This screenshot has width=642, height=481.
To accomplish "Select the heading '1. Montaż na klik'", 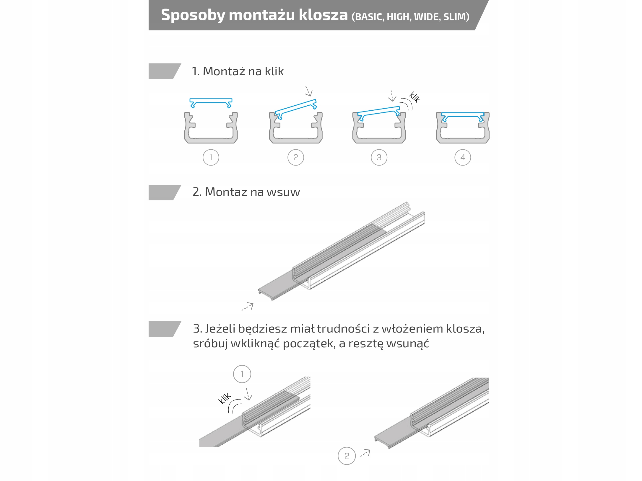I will click(x=238, y=71).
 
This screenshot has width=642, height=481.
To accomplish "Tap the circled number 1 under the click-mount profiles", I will click(x=211, y=158).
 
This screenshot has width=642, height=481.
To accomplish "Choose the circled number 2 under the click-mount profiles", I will click(x=296, y=158).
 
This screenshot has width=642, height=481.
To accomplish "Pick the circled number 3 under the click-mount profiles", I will click(x=379, y=158).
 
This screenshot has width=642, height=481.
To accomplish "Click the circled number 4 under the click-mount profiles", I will click(x=463, y=158).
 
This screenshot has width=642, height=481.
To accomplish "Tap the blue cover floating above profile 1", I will click(x=211, y=101).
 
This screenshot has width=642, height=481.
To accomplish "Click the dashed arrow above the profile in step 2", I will click(x=308, y=91).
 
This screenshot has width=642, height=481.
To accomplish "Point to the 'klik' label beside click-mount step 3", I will click(x=415, y=97).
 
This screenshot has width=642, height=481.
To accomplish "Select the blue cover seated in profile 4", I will click(x=463, y=114).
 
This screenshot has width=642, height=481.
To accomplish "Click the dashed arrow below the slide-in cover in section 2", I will click(x=248, y=307).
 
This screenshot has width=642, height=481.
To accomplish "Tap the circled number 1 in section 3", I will click(x=242, y=374).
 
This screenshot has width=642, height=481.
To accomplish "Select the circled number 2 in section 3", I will click(x=347, y=456).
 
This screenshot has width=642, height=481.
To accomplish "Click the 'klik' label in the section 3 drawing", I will click(x=224, y=398).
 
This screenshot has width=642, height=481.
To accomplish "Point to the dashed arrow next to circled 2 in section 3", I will click(x=365, y=453).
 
